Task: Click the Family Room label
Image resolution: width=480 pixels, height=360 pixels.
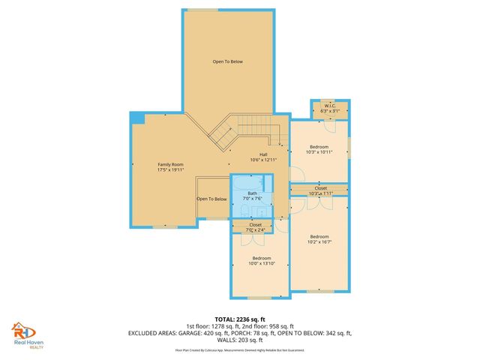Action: coord(170,164)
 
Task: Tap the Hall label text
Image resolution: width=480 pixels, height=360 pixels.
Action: coord(263,154)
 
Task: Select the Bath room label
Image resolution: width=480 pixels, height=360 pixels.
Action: coord(252,193)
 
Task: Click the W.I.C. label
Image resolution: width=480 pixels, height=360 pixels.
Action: coord(330,106)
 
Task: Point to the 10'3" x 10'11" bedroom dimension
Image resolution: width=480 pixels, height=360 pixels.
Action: coord(319,152)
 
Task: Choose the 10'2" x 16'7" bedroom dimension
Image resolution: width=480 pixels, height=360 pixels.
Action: coord(319,242)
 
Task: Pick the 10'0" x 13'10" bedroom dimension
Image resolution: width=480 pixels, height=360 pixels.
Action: coord(261,263)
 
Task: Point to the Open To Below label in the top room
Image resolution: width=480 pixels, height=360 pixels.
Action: coord(227,61)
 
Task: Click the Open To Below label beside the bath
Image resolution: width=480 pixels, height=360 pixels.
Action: coord(211,199)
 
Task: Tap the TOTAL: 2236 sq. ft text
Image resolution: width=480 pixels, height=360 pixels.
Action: coord(240,318)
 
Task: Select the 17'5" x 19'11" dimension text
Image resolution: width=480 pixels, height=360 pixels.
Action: coord(170,169)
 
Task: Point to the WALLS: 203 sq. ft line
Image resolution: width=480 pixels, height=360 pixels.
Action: coord(240,339)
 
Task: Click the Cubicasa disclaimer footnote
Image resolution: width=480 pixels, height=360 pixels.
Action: coord(240,350)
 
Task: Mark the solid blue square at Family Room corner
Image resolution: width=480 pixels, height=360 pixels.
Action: coord(136,118)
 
